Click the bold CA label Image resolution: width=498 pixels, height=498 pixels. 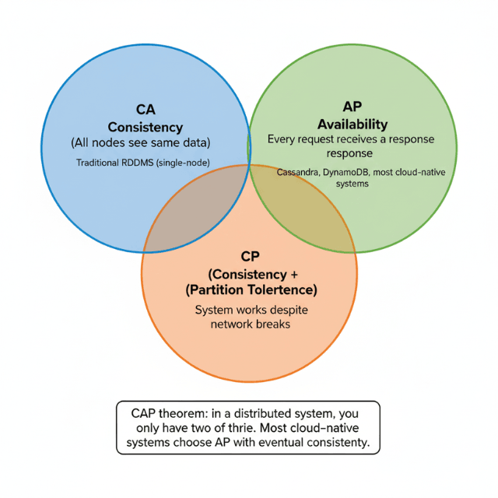146,110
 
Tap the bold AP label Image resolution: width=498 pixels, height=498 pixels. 352,107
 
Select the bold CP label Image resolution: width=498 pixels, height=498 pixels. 249,257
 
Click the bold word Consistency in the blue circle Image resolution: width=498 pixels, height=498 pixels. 146,126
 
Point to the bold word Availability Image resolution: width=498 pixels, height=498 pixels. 352,124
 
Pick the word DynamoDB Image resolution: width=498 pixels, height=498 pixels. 357,171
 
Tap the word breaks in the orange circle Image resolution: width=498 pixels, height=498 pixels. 272,324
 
